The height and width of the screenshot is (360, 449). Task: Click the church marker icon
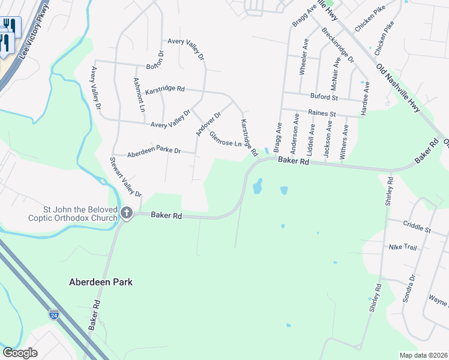pyautogui.click(x=126, y=212)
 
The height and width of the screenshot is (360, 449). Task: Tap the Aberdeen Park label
pyautogui.click(x=101, y=281)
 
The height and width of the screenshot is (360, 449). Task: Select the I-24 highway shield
pyautogui.click(x=54, y=313)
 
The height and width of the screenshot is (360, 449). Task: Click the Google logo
pyautogui.click(x=20, y=353)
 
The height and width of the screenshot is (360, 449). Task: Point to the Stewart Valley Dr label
pyautogui.click(x=125, y=177)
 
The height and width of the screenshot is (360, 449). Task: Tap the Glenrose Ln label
pyautogui.click(x=225, y=140)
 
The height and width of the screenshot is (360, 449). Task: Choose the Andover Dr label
pyautogui.click(x=208, y=122)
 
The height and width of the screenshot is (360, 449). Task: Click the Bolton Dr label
pyautogui.click(x=155, y=66)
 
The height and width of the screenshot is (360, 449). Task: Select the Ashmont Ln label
pyautogui.click(x=139, y=95)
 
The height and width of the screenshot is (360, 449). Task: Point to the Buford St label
pyautogui.click(x=324, y=96)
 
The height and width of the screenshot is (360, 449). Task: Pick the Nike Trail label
pyautogui.click(x=403, y=247)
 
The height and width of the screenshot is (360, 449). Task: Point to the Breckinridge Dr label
pyautogui.click(x=337, y=44)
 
